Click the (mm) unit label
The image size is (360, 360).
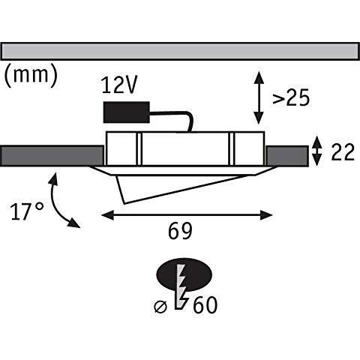pos(31,74)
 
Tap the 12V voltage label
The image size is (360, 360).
pos(119,85)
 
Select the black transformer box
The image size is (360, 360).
pos(127,112)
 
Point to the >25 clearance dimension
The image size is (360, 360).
pos(291,97)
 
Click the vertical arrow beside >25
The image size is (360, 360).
pos(259,97)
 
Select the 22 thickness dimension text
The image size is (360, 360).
pos(343,151)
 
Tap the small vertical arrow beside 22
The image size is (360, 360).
pos(317,151)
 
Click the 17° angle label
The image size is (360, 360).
pos(28,211)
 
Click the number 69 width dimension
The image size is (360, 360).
pos(180,231)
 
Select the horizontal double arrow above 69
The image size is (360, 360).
pos(187,215)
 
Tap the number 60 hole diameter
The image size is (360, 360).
pos(205,305)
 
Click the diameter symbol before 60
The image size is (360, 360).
pos(160,307)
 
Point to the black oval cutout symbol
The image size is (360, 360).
pos(184,274)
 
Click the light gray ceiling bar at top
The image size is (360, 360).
pos(180,51)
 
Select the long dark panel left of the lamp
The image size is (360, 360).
pos(52,155)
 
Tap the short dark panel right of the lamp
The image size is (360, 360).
pos(287,155)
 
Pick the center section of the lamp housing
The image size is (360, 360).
pos(185,148)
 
